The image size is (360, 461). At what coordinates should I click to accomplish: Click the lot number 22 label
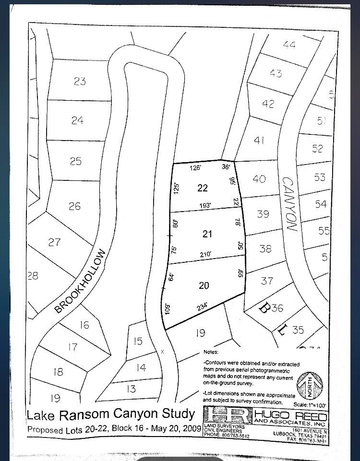[203, 188]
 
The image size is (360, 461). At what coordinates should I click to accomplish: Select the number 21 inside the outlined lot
[207, 234]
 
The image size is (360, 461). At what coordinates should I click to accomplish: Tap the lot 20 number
[204, 285]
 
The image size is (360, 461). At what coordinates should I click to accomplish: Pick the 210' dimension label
[205, 255]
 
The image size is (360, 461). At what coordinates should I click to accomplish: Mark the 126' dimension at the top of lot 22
[194, 168]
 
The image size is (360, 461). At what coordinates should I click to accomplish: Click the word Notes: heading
[211, 352]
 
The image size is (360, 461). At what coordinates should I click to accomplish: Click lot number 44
[289, 45]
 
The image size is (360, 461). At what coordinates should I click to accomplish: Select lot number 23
[80, 81]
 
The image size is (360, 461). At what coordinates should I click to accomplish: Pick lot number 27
[55, 242]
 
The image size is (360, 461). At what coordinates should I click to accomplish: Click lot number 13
[131, 389]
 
